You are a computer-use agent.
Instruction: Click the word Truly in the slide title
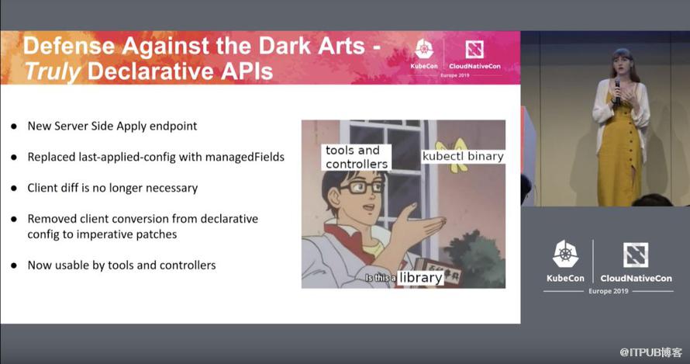(53, 71)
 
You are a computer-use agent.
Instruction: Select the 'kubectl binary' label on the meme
(463, 157)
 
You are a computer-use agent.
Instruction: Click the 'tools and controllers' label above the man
(357, 157)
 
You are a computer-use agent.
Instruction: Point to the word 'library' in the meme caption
(420, 278)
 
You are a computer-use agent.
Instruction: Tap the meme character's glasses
(361, 187)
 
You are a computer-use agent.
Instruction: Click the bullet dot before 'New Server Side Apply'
(14, 127)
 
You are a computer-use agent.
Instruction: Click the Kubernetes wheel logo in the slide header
(424, 50)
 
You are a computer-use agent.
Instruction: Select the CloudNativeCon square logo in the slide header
(474, 50)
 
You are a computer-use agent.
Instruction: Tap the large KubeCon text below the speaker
(565, 278)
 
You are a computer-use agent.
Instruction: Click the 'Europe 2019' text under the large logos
(609, 291)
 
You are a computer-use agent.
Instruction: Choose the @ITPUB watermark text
(650, 352)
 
